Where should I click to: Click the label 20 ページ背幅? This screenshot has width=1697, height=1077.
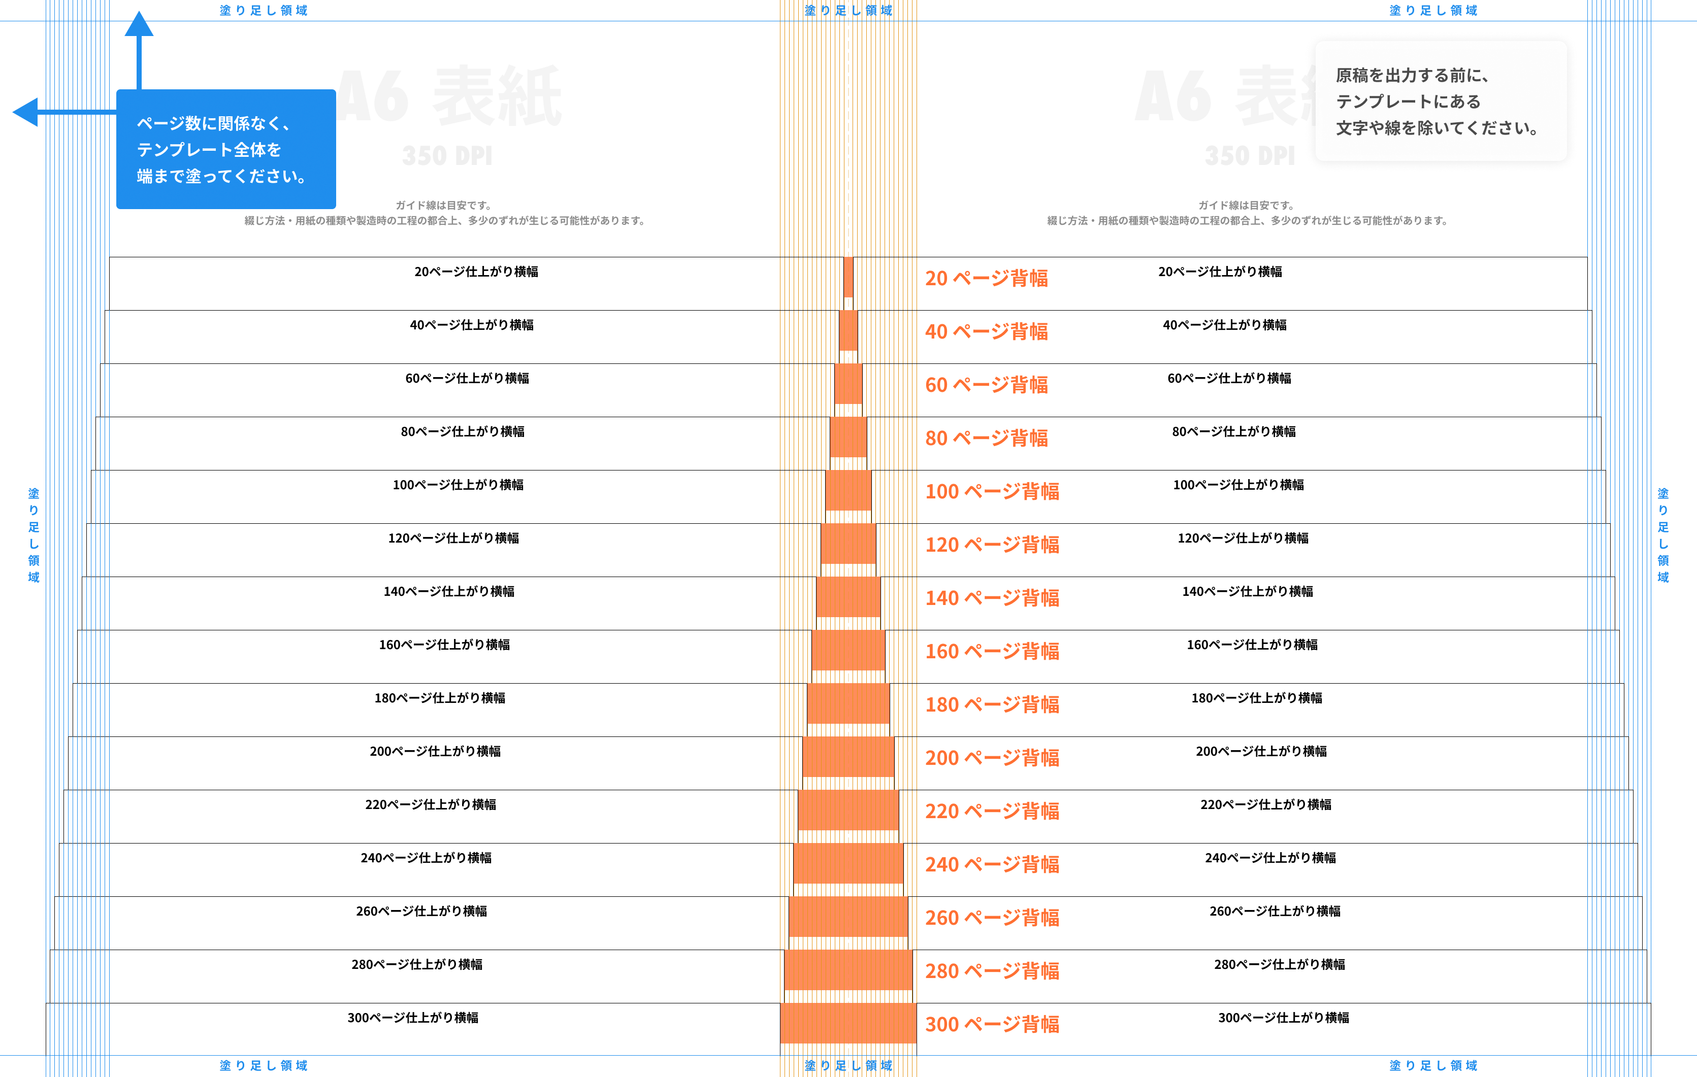pos(986,278)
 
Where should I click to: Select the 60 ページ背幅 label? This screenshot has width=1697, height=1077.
pos(986,385)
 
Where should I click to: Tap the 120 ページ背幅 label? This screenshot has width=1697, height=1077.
pos(992,545)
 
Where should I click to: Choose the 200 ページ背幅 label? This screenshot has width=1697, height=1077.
pos(992,758)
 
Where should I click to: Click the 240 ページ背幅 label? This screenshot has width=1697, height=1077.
pos(992,864)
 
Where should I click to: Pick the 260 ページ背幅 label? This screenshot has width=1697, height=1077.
pos(992,918)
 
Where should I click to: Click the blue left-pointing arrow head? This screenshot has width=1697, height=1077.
pos(26,112)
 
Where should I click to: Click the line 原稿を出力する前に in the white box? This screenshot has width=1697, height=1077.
pos(1412,75)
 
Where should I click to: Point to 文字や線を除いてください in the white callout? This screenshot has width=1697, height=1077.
pos(1437,128)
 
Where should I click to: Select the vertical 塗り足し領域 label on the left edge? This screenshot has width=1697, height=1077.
pos(33,535)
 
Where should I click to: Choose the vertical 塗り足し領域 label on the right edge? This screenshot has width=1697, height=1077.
pos(1663,535)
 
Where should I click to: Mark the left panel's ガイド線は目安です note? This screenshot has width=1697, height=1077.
pos(443,206)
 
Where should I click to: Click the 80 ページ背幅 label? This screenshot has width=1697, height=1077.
pos(986,438)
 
